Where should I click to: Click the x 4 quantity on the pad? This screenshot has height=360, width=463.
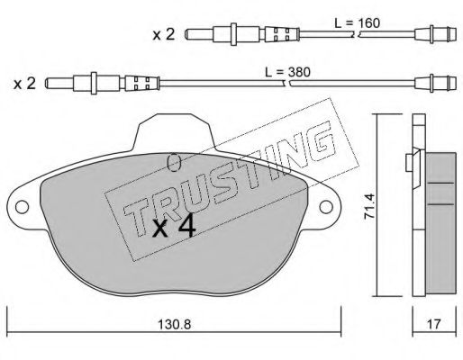[x=174, y=226]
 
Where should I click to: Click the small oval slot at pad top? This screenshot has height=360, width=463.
[x=175, y=162]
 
